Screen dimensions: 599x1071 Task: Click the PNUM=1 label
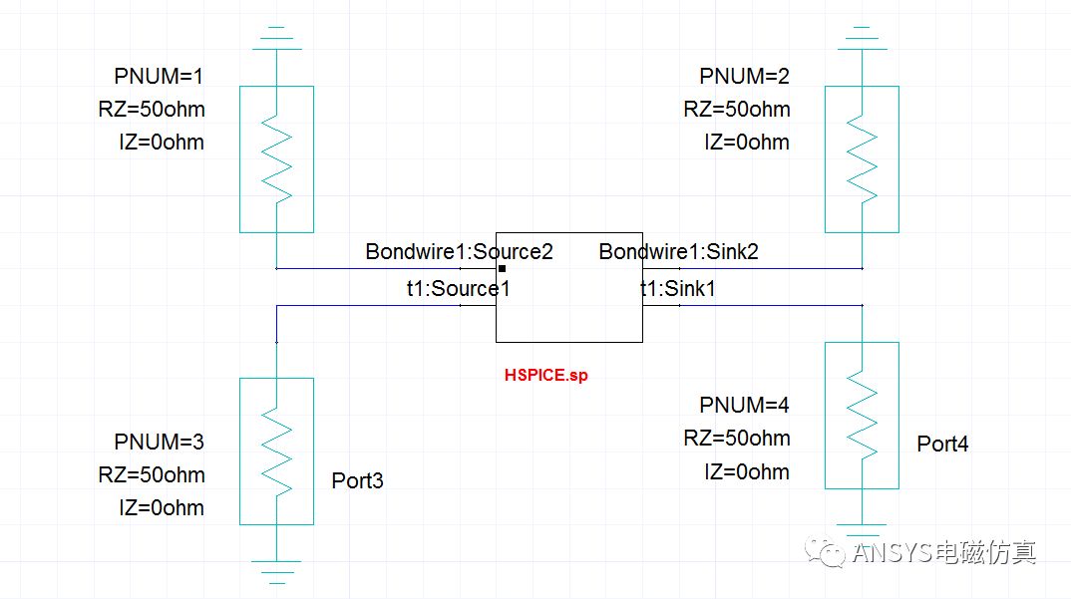pyautogui.click(x=160, y=76)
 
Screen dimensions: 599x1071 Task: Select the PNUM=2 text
pyautogui.click(x=744, y=76)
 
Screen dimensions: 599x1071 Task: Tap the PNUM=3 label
pyautogui.click(x=160, y=441)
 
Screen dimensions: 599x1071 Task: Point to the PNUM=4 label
pyautogui.click(x=744, y=405)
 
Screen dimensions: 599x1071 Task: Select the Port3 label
pyautogui.click(x=357, y=481)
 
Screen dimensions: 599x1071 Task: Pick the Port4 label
pyautogui.click(x=942, y=444)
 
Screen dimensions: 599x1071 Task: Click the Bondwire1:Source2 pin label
pyautogui.click(x=459, y=251)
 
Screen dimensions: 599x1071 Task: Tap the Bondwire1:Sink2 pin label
pyautogui.click(x=678, y=251)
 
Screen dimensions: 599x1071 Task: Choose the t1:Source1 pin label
pyautogui.click(x=458, y=289)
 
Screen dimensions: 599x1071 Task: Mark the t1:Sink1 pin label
pyautogui.click(x=677, y=289)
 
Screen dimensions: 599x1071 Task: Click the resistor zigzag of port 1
pyautogui.click(x=276, y=158)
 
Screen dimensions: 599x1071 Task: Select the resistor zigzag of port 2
pyautogui.click(x=862, y=158)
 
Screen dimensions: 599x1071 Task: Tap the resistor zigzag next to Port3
pyautogui.click(x=276, y=450)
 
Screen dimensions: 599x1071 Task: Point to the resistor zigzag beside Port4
pyautogui.click(x=862, y=416)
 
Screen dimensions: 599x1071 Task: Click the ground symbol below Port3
pyautogui.click(x=276, y=570)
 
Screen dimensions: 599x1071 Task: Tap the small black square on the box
pyautogui.click(x=502, y=268)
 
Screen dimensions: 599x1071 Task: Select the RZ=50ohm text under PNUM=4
pyautogui.click(x=736, y=439)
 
